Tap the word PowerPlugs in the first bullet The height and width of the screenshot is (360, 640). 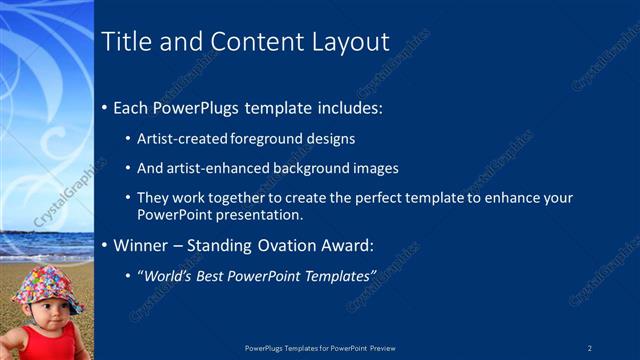point(201,107)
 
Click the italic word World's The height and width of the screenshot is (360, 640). point(165,275)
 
